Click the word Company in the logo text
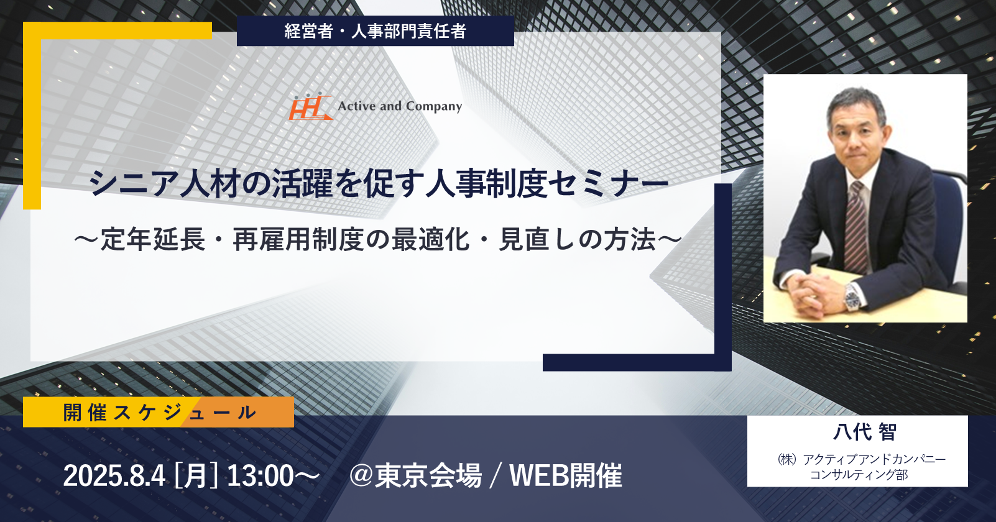[x=434, y=107]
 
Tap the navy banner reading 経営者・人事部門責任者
[x=376, y=30]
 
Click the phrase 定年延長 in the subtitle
[x=153, y=239]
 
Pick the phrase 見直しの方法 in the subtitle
[x=577, y=239]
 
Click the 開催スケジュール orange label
[x=159, y=412]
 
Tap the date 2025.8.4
[x=114, y=476]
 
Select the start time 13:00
[x=260, y=476]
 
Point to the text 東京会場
[x=428, y=476]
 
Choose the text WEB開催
[x=566, y=476]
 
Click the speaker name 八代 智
[x=864, y=432]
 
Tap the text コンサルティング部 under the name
[x=859, y=475]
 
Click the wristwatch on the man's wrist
[x=852, y=297]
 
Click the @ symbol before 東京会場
[x=361, y=476]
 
